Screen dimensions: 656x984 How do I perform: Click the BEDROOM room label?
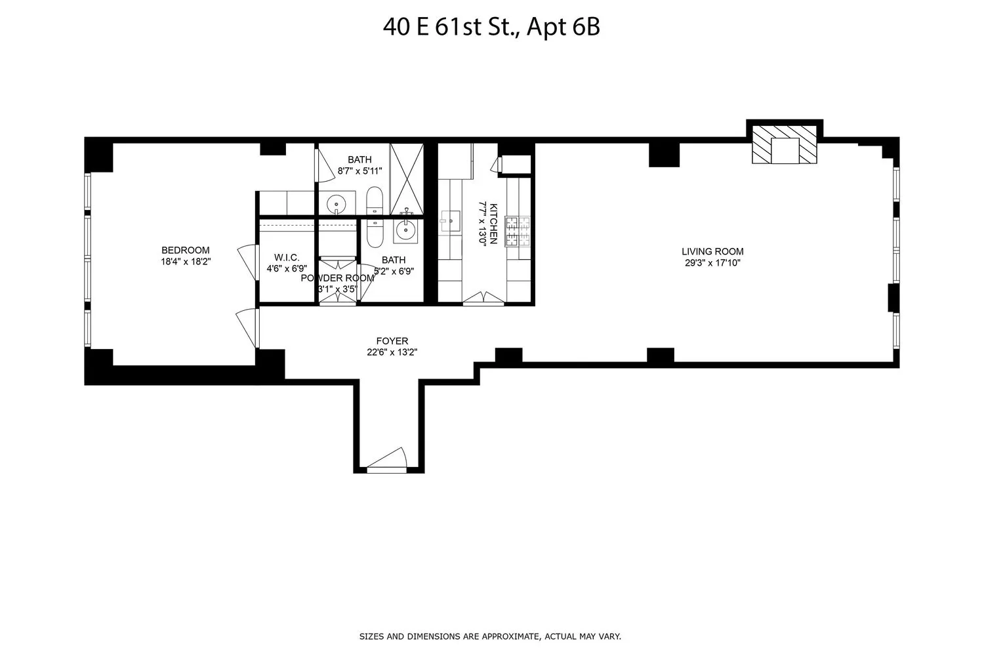point(186,250)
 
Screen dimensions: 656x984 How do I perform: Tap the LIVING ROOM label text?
point(712,251)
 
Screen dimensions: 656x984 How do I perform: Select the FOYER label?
point(392,341)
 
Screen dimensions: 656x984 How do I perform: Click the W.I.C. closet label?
point(287,258)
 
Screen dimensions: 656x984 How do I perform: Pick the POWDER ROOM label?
point(337,277)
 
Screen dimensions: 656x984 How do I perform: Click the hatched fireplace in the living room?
point(785,151)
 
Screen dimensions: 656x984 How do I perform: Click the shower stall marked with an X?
point(407,179)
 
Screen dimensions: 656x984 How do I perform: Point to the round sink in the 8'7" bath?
point(337,204)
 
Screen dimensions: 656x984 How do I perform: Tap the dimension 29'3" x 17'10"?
point(712,263)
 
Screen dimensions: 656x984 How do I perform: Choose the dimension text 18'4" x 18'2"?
point(186,261)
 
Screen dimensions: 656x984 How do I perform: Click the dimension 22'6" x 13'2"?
point(392,352)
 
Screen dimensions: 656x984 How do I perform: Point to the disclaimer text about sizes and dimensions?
point(490,636)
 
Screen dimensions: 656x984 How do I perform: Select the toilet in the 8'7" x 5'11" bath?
point(375,201)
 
